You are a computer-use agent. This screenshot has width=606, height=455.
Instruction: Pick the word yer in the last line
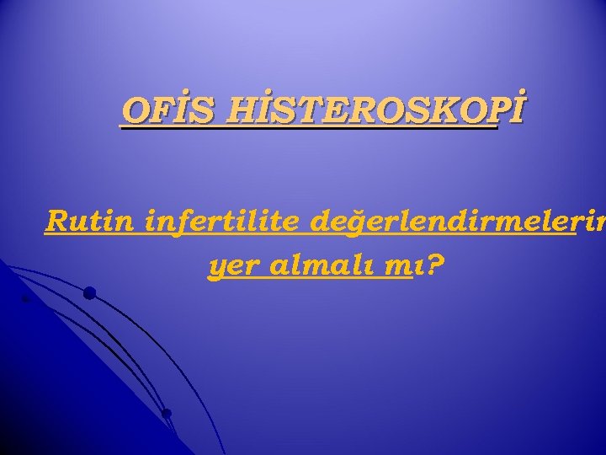230,268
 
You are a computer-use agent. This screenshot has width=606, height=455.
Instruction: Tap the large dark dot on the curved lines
89,293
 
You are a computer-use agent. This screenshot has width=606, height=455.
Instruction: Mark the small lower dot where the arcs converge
167,413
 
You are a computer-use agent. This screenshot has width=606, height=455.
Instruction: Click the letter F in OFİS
154,111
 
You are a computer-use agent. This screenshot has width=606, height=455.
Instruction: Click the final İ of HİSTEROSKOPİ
513,110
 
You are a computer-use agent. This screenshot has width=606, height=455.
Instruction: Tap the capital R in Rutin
56,223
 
